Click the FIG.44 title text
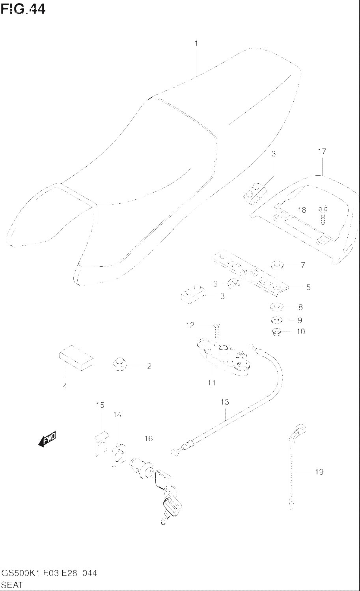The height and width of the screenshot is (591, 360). coord(23,9)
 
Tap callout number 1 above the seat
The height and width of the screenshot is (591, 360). coord(196,43)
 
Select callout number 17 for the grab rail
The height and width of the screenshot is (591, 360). coord(322,151)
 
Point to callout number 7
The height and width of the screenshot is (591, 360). coord(303,265)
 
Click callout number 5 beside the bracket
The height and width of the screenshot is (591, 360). coord(308,287)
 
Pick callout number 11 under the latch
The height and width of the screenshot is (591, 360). coord(212,383)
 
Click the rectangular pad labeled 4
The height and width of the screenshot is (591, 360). coord(76,357)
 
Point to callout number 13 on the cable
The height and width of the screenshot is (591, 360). coord(224,402)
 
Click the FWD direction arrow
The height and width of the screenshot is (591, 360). coord(47,439)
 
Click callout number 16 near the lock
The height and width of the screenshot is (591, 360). coord(148,438)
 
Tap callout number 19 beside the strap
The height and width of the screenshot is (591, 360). coord(319,472)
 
